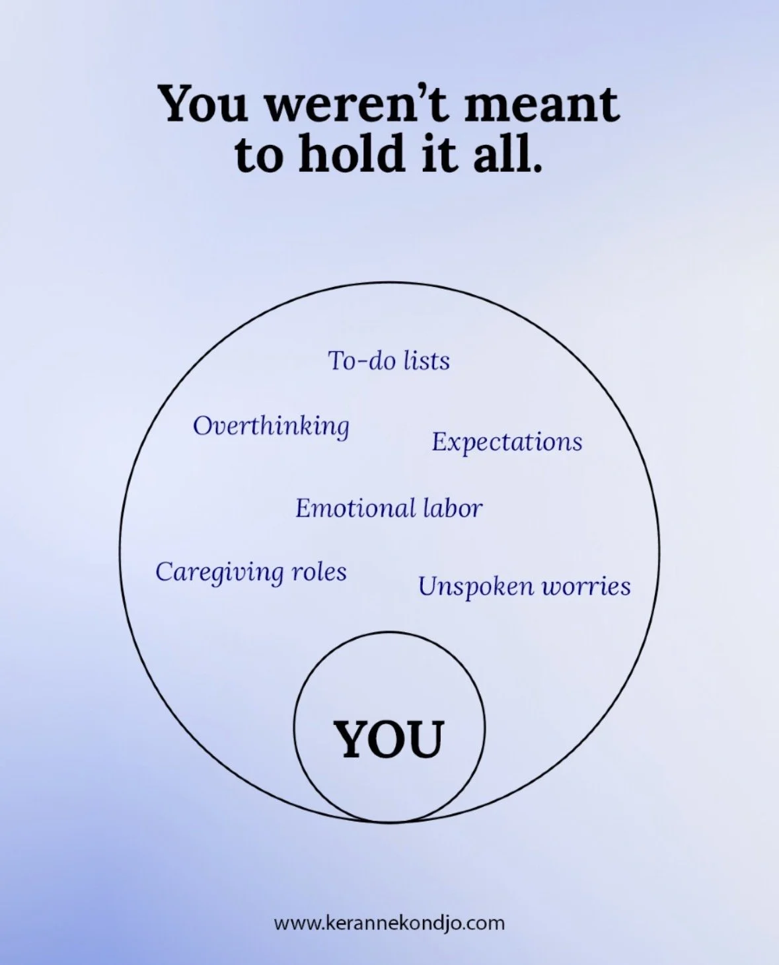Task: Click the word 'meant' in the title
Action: (541, 105)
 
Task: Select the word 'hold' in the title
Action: (351, 154)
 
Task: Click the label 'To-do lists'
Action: (389, 361)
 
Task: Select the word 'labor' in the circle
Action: (453, 509)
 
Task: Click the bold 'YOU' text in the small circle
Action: (389, 739)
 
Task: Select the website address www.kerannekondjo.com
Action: (389, 923)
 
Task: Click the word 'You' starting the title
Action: (204, 105)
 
